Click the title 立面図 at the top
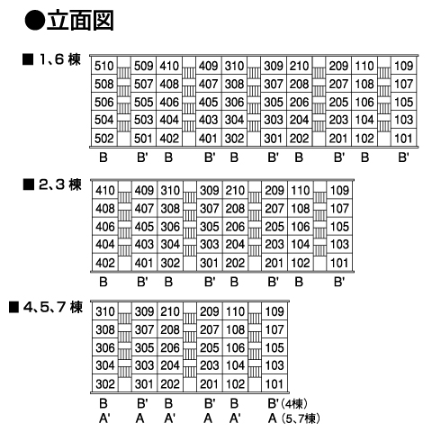(80, 21)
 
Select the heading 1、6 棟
(60, 59)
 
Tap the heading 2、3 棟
(60, 184)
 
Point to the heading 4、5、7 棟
(53, 307)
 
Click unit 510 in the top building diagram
(104, 66)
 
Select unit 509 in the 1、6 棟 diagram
(144, 66)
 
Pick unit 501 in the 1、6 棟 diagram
(144, 139)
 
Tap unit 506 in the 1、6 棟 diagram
(104, 102)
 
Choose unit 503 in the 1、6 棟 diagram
(144, 120)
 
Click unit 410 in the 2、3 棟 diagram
(105, 190)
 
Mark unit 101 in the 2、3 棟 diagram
(339, 263)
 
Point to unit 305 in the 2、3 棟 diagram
(210, 227)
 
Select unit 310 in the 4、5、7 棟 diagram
(105, 311)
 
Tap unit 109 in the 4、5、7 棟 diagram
(274, 311)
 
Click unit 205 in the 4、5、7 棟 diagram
(210, 347)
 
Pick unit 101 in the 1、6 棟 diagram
(404, 139)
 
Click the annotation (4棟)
(294, 404)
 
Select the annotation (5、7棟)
(301, 418)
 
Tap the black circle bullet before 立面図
(34, 21)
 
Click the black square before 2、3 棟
(29, 184)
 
